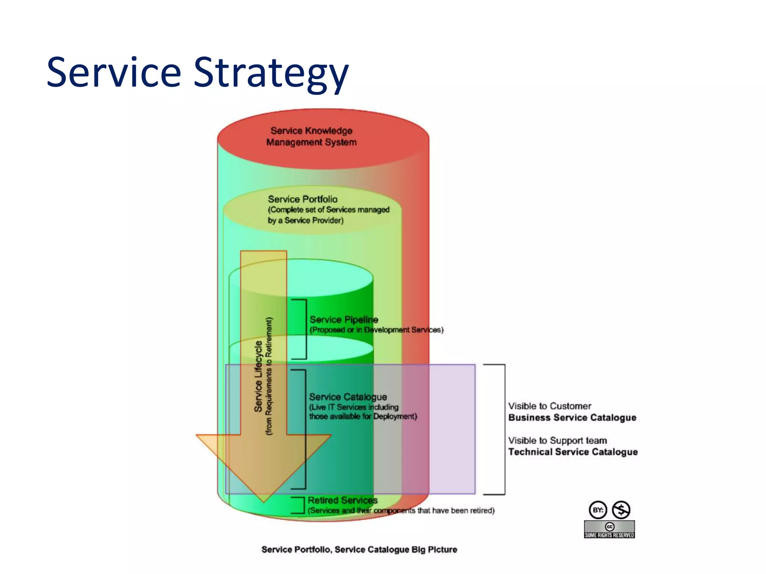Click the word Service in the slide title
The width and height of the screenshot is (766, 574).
(x=114, y=72)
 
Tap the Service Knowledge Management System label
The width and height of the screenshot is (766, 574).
(x=311, y=136)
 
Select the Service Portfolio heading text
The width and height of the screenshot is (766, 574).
(x=303, y=199)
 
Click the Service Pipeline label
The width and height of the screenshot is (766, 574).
(x=344, y=320)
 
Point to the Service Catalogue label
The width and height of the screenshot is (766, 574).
(x=348, y=397)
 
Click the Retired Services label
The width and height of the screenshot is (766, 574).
(x=343, y=500)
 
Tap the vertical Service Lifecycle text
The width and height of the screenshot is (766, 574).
(x=258, y=377)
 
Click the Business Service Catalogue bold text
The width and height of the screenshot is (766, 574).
(x=572, y=418)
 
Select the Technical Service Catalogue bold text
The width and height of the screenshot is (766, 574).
(x=573, y=452)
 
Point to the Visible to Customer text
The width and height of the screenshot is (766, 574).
(x=549, y=406)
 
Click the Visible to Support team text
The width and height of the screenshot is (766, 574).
(x=557, y=441)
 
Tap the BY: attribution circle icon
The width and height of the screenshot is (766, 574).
(x=598, y=510)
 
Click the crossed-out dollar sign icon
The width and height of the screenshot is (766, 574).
(x=621, y=510)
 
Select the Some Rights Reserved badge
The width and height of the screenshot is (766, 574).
(x=609, y=530)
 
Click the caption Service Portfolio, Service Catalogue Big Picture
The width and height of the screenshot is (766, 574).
(x=359, y=549)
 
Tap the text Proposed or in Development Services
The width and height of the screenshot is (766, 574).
(x=376, y=330)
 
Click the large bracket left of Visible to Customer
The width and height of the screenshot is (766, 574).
(x=504, y=429)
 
